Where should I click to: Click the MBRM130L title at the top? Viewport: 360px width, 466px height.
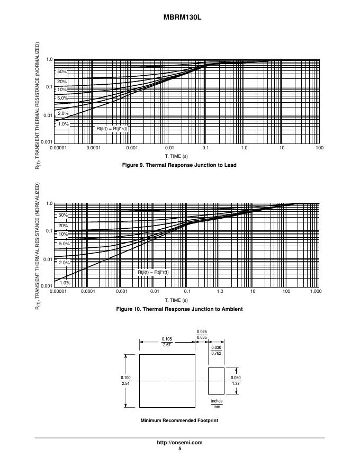[x=179, y=17]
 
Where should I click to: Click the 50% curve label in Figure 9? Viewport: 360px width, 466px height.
[x=62, y=71]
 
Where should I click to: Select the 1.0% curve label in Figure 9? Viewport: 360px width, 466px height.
[x=63, y=124]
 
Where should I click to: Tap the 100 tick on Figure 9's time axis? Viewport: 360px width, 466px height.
[x=319, y=148]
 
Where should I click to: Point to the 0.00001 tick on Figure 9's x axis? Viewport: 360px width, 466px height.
[x=58, y=148]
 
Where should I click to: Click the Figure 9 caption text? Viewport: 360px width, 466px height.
[x=179, y=165]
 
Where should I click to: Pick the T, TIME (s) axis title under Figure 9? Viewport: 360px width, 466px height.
[x=176, y=156]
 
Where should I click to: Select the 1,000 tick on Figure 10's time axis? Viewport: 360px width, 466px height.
[x=316, y=292]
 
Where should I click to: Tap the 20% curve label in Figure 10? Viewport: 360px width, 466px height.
[x=63, y=226]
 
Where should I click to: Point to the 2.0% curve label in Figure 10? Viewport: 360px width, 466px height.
[x=64, y=263]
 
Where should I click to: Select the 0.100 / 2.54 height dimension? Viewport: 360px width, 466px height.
[x=125, y=380]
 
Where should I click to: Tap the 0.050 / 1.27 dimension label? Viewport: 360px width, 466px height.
[x=236, y=380]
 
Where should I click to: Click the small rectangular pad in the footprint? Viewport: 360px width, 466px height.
[x=217, y=380]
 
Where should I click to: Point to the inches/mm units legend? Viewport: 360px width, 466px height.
[x=217, y=404]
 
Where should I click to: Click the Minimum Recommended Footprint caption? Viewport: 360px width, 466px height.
[x=179, y=420]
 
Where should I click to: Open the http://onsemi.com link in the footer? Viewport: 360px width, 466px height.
[x=179, y=443]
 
